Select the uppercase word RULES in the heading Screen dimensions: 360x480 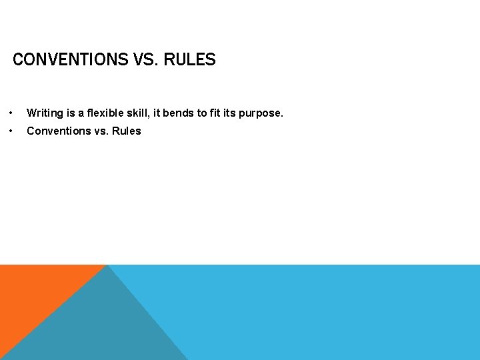190,60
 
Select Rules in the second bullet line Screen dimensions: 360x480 127,131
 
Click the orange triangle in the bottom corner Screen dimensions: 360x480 33,293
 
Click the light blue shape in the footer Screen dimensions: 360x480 320,313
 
